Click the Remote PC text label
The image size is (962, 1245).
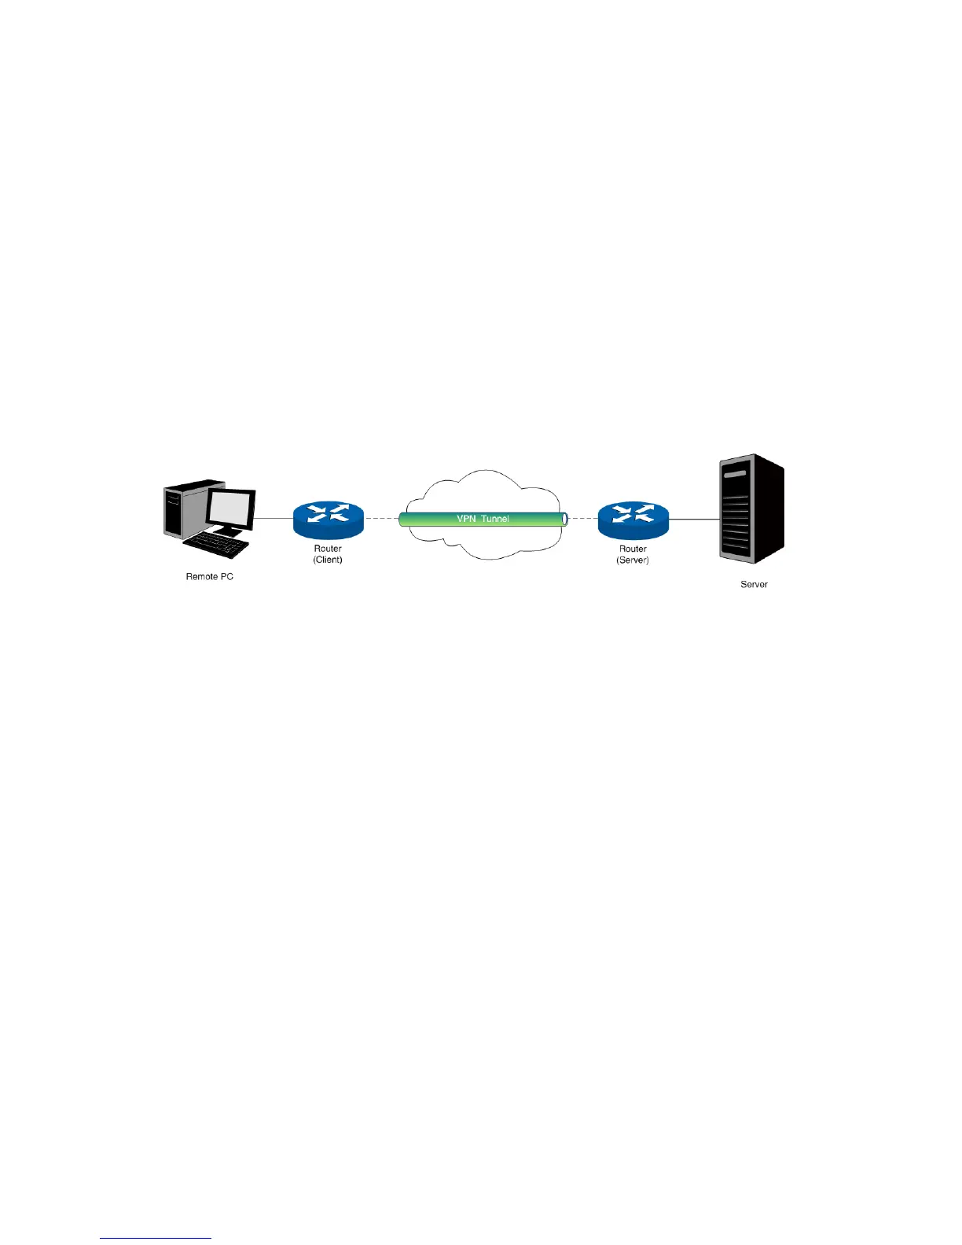coord(209,577)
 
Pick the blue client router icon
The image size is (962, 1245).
coord(328,519)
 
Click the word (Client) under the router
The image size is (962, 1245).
coord(328,560)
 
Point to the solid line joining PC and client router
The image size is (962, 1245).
coord(274,519)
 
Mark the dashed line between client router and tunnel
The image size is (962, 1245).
coord(381,519)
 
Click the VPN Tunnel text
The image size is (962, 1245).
coord(483,519)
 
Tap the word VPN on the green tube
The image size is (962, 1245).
coord(467,519)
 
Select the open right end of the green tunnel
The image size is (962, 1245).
coord(564,519)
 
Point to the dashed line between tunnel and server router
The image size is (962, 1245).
coord(582,519)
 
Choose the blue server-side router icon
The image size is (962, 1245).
coord(633,520)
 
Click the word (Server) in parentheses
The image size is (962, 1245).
coord(633,560)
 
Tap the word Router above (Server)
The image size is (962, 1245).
coord(633,549)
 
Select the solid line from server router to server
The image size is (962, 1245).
coord(694,520)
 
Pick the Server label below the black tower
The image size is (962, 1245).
coord(754,585)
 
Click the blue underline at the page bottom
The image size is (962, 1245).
coord(156,1239)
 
